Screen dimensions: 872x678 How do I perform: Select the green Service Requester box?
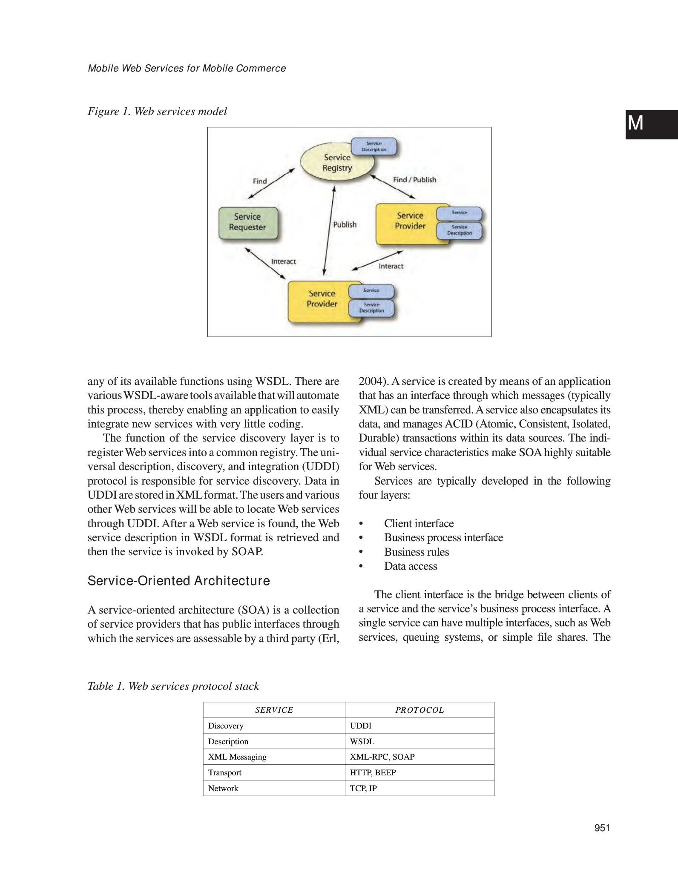tap(247, 222)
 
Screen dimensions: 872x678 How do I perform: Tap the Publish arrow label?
tap(345, 224)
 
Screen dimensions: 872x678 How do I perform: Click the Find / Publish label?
tap(414, 180)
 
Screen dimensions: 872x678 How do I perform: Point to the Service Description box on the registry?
tap(373, 147)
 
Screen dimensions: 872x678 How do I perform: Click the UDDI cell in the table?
tap(361, 726)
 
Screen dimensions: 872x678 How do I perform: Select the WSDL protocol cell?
tap(362, 741)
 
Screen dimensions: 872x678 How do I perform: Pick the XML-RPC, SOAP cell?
tap(382, 757)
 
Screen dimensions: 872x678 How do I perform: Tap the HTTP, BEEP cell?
tap(373, 772)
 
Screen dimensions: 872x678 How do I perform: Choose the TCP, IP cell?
tap(363, 788)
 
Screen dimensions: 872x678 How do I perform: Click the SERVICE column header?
tap(274, 710)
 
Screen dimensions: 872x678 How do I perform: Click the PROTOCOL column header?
tap(419, 710)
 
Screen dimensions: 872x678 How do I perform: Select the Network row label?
tap(223, 788)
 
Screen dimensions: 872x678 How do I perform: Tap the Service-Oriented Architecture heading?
tap(178, 581)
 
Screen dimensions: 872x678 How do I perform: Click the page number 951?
tap(602, 828)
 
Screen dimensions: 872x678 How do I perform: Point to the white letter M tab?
tap(635, 123)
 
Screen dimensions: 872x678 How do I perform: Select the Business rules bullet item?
tap(416, 552)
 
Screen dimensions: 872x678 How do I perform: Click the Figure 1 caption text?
tap(157, 112)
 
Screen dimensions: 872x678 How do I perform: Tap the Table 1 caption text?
tap(173, 686)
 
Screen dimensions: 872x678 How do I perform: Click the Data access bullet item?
tap(411, 566)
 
